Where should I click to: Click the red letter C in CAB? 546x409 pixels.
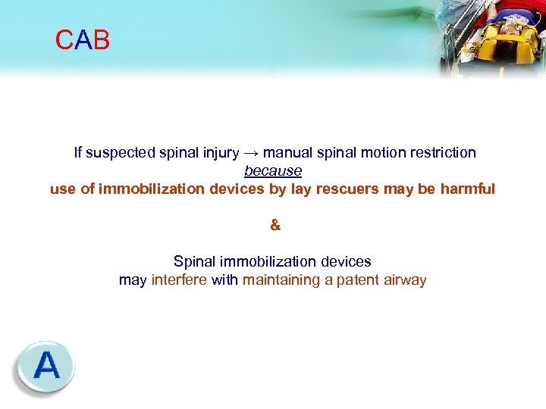(x=64, y=40)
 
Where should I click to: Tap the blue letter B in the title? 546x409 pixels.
(x=102, y=40)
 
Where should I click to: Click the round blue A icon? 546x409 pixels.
(x=45, y=367)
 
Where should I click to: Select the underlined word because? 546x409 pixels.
(x=273, y=171)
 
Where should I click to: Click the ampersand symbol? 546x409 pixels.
(x=275, y=225)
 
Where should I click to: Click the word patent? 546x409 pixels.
(x=363, y=280)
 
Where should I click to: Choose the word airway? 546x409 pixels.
(x=406, y=280)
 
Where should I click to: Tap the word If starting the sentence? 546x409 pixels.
(x=78, y=153)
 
